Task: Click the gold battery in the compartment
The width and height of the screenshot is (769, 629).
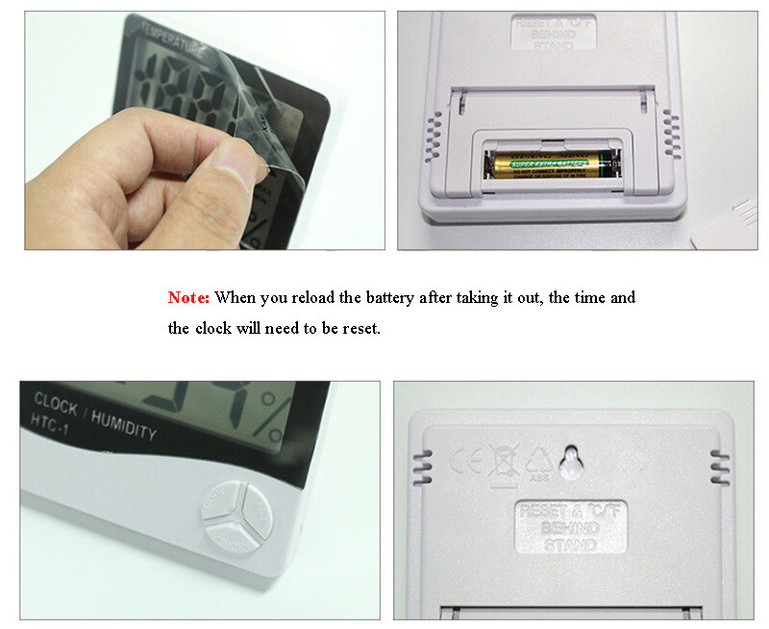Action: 548,164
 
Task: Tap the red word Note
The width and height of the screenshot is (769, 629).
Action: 189,298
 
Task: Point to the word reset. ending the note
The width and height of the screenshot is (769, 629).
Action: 360,329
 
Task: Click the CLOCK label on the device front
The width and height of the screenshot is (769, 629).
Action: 56,402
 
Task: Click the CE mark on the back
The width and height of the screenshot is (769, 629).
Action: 464,461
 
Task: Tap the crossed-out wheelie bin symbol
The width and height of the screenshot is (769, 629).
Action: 503,460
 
